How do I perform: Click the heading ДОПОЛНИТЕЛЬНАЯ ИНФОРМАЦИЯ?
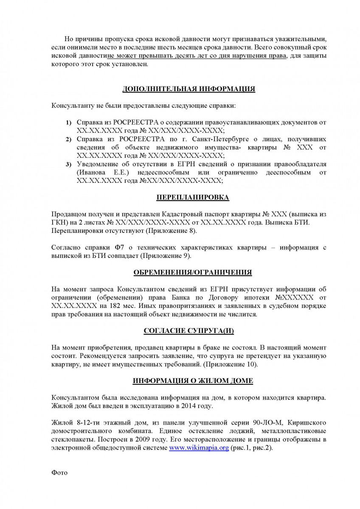[188, 89]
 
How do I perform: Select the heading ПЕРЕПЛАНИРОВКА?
[193, 197]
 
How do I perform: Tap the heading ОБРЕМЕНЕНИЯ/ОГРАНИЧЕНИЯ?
[192, 272]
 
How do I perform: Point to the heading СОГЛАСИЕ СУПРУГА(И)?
[192, 331]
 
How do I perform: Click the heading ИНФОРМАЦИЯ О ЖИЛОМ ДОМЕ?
[193, 381]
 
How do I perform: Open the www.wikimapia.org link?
[199, 447]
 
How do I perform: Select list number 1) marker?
[68, 123]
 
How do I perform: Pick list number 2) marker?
[68, 140]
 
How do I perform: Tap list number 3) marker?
[68, 165]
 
